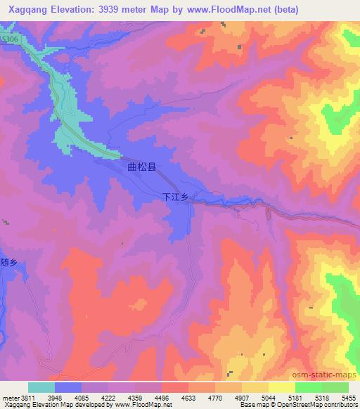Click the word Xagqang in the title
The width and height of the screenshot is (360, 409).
click(x=29, y=9)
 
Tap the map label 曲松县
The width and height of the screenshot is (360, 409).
click(x=141, y=169)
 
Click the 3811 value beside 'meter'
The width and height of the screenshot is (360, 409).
click(x=28, y=396)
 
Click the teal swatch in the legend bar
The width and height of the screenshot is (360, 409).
click(x=41, y=387)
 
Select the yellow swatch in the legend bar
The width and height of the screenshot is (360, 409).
click(x=282, y=387)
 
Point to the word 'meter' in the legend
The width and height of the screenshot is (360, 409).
click(x=10, y=396)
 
